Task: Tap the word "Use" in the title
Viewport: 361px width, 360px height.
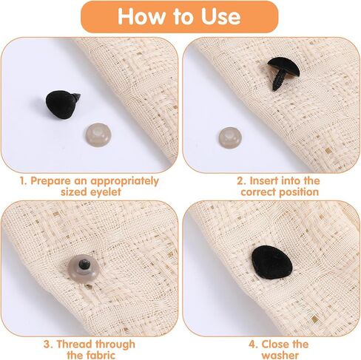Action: tap(220, 16)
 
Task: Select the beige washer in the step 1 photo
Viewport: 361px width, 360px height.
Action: tap(98, 135)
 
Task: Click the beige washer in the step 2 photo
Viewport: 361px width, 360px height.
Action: tap(230, 138)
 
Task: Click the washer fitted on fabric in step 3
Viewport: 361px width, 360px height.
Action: tap(84, 268)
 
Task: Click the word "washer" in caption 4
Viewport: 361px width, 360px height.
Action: tap(280, 355)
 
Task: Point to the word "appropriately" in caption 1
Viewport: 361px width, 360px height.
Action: tap(124, 181)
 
